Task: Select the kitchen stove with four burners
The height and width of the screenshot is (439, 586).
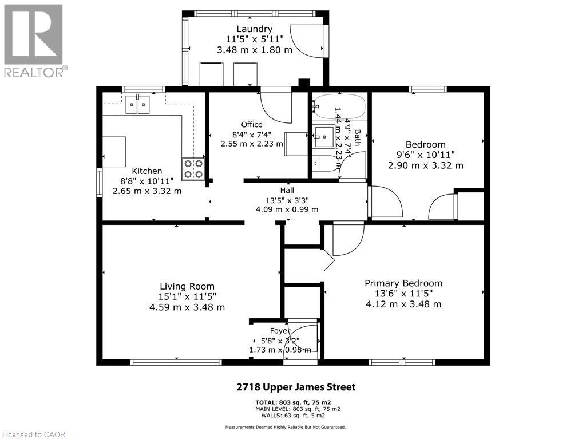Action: click(193, 168)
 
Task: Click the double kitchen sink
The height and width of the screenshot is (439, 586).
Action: click(138, 104)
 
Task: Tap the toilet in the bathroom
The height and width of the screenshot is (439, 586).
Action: click(323, 163)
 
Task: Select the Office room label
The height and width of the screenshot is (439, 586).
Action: click(252, 124)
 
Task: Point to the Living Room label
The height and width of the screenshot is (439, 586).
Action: click(187, 286)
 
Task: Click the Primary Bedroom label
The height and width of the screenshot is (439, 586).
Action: click(403, 283)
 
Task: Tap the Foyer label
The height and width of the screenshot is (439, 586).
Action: click(280, 331)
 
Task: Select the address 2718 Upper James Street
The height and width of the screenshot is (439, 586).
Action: click(296, 387)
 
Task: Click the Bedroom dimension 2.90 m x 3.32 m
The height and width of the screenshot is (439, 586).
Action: click(425, 165)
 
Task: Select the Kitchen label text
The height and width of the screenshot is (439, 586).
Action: click(147, 171)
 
